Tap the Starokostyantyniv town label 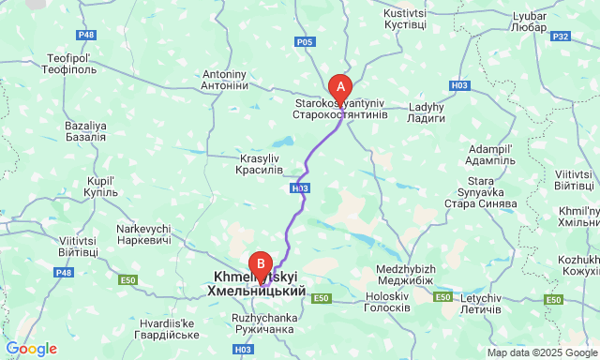click(339, 107)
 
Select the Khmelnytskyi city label click(255, 285)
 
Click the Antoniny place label click(224, 80)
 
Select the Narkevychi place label click(143, 235)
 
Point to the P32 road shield click(562, 37)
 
